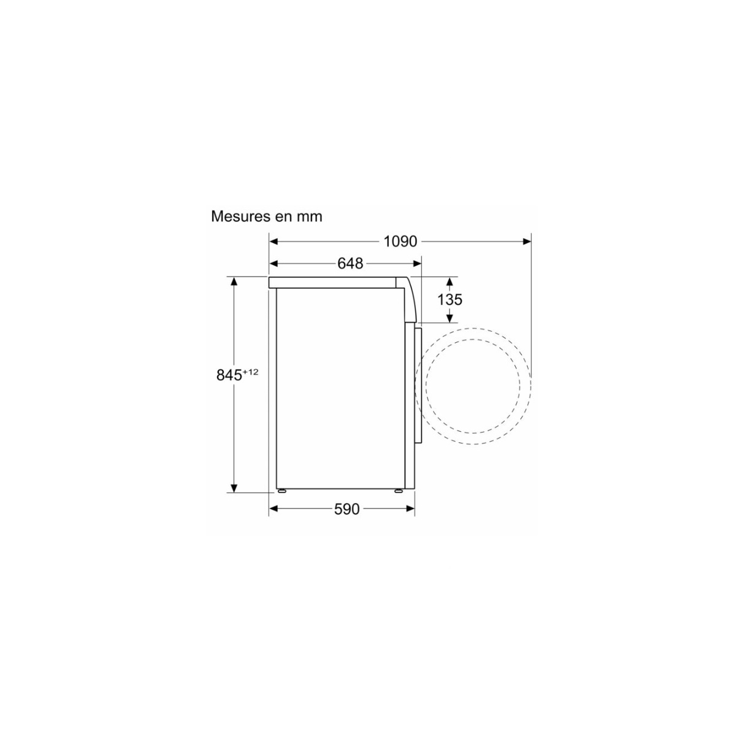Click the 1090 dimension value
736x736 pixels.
(400, 242)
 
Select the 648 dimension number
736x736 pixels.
(350, 263)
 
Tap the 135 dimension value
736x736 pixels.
(450, 300)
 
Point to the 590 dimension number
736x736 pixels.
(347, 508)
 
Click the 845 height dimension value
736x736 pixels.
(229, 375)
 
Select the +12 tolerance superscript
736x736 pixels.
(251, 371)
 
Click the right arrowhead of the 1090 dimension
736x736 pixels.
(527, 242)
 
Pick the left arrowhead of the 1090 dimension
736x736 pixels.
(274, 242)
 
